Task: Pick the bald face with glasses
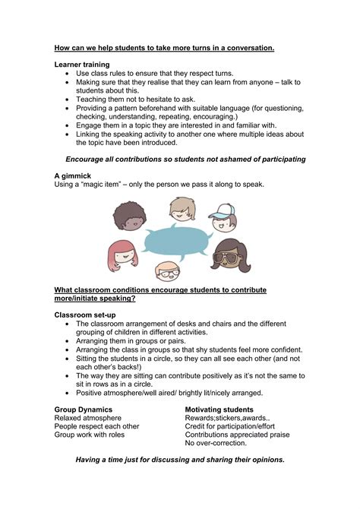coord(169,271)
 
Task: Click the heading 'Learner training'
coord(82,65)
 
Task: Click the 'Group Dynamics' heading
coord(85,409)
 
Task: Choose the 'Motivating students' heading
coord(219,409)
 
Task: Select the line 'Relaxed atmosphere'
coord(87,418)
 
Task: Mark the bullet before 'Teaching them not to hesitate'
coord(68,100)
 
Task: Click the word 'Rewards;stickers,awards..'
coord(227,418)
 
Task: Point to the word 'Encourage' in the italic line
coord(90,159)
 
